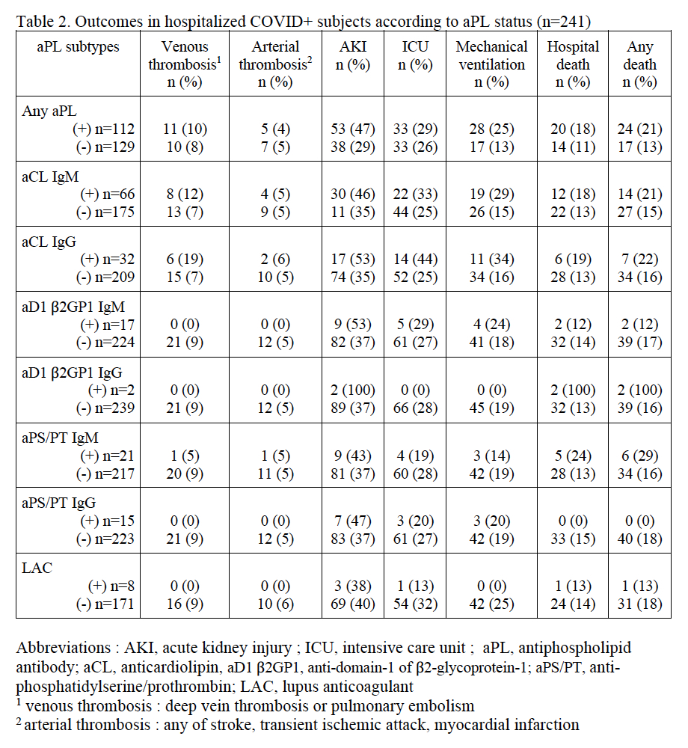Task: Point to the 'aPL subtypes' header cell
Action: point(78,46)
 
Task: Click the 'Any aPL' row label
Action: point(48,110)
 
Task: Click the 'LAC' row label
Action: point(37,568)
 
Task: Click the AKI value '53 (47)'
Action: point(353,129)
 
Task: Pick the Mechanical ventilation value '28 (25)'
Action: point(491,129)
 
